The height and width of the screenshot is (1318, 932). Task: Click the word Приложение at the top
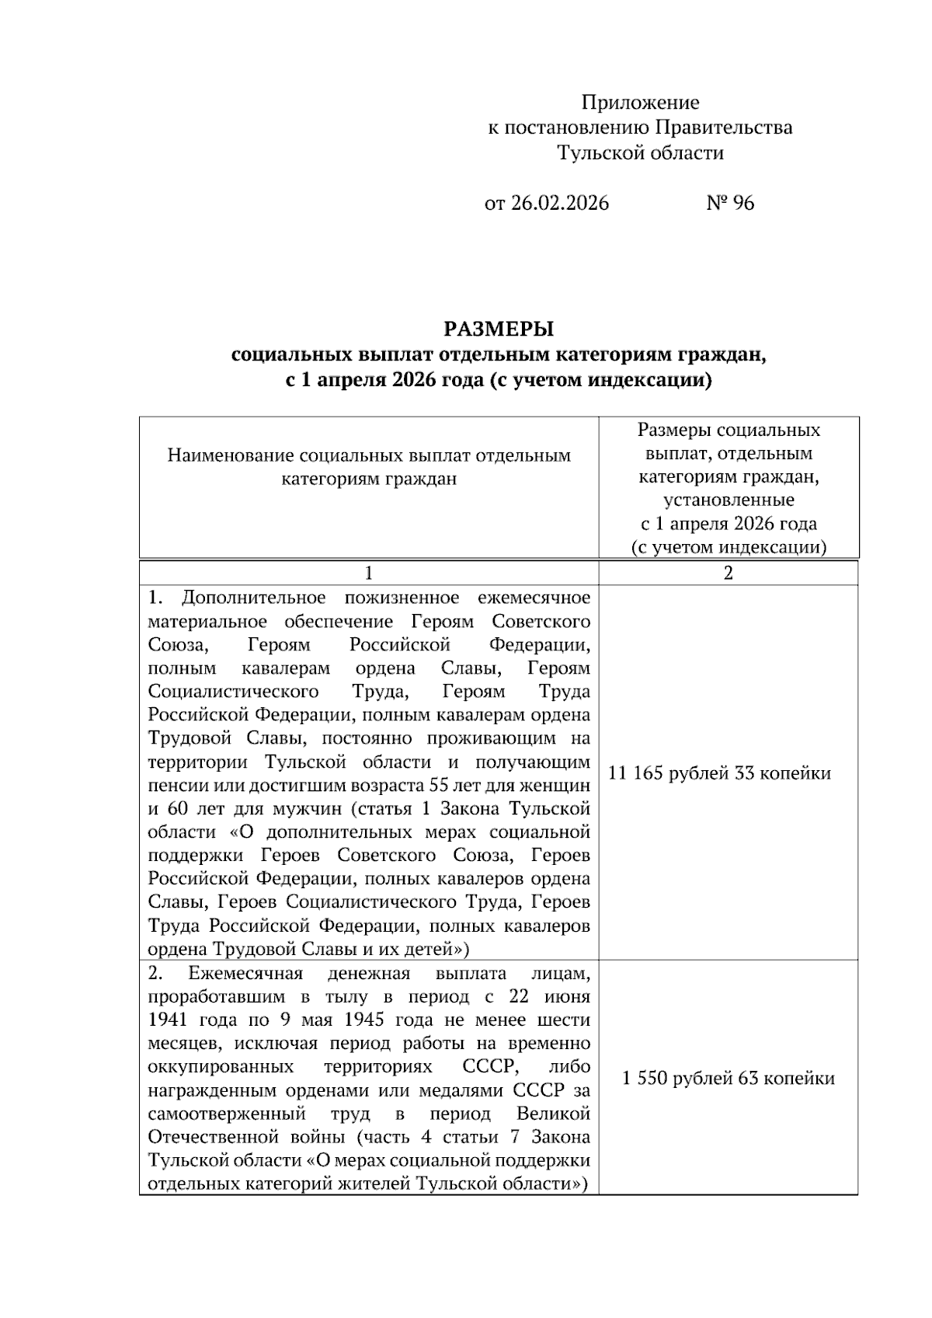(x=640, y=103)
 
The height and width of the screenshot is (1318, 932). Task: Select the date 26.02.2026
(x=560, y=204)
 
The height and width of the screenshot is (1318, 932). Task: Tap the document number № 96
(x=730, y=204)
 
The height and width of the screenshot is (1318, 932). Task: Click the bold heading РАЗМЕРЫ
(x=499, y=329)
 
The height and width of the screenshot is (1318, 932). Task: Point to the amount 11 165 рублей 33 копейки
(x=719, y=773)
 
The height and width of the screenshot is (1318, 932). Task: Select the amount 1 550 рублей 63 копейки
(x=728, y=1079)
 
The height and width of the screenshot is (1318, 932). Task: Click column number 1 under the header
(x=369, y=574)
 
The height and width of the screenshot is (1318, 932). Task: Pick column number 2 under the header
(x=728, y=574)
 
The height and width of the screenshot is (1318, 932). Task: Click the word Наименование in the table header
(x=230, y=455)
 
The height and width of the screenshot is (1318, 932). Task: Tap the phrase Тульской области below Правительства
(x=640, y=153)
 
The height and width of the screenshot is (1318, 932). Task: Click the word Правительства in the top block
(x=724, y=127)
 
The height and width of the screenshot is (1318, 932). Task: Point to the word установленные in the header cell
(x=729, y=500)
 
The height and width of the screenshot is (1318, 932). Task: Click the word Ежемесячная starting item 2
(x=245, y=974)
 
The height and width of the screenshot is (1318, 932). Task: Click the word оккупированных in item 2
(x=221, y=1067)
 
